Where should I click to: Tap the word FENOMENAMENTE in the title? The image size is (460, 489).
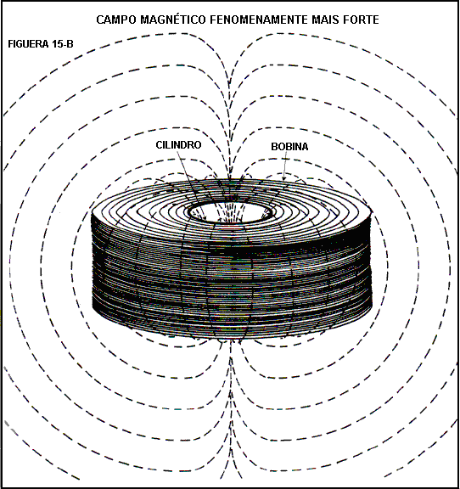pos(259,20)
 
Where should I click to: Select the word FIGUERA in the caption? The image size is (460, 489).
pos(28,44)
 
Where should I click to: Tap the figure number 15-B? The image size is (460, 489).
pos(63,44)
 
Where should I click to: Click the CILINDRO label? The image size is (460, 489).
pos(178,144)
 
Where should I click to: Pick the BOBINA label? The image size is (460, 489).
pos(289,146)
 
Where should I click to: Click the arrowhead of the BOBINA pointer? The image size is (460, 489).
pos(283,178)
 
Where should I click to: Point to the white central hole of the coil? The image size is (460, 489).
pos(230,212)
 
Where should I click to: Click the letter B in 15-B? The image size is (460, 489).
pos(70,44)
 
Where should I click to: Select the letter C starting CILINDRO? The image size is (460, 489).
pos(159,144)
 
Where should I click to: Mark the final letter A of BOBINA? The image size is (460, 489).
pos(305,146)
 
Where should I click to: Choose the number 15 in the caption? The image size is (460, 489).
pos(57,44)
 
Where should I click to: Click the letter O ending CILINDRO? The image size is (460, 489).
pos(198,144)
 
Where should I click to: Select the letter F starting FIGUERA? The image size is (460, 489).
pos(10,44)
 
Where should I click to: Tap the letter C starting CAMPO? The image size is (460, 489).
pos(100,20)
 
